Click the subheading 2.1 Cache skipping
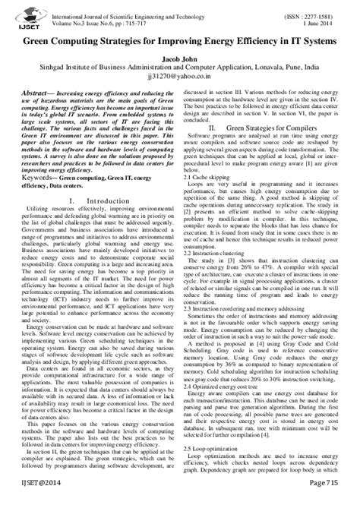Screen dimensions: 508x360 [209, 176]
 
